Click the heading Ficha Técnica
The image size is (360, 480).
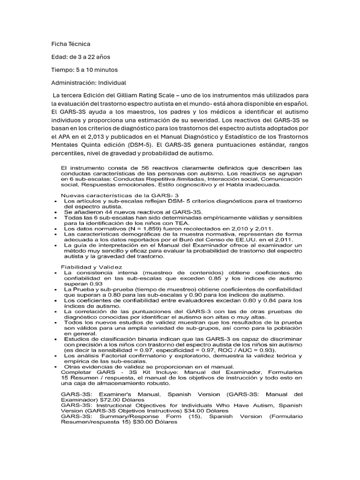tap(70, 44)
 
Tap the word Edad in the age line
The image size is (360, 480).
tap(59, 57)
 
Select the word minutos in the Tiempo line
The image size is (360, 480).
tap(105, 70)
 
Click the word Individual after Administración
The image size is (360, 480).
tap(111, 83)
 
